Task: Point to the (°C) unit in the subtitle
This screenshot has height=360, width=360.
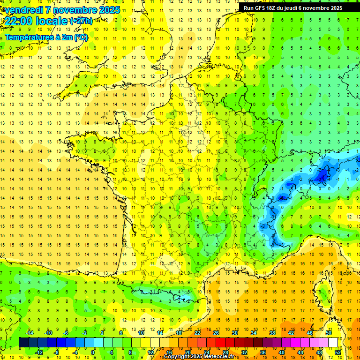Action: pos(80,37)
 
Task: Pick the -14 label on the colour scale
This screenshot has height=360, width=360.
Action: pos(30,333)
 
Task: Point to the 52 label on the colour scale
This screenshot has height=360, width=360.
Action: pos(337,352)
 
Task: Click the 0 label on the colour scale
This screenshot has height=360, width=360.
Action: pos(93,352)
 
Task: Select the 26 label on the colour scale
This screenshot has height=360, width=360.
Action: pos(216,333)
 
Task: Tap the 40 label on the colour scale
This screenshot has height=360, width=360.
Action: pos(281,352)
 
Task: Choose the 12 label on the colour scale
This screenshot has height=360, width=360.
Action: pos(150,352)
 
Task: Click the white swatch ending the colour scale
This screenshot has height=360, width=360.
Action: pos(333,342)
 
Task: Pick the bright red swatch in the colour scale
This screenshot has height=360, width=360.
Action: pos(220,342)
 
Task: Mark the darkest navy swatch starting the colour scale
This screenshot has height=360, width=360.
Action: pos(23,342)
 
